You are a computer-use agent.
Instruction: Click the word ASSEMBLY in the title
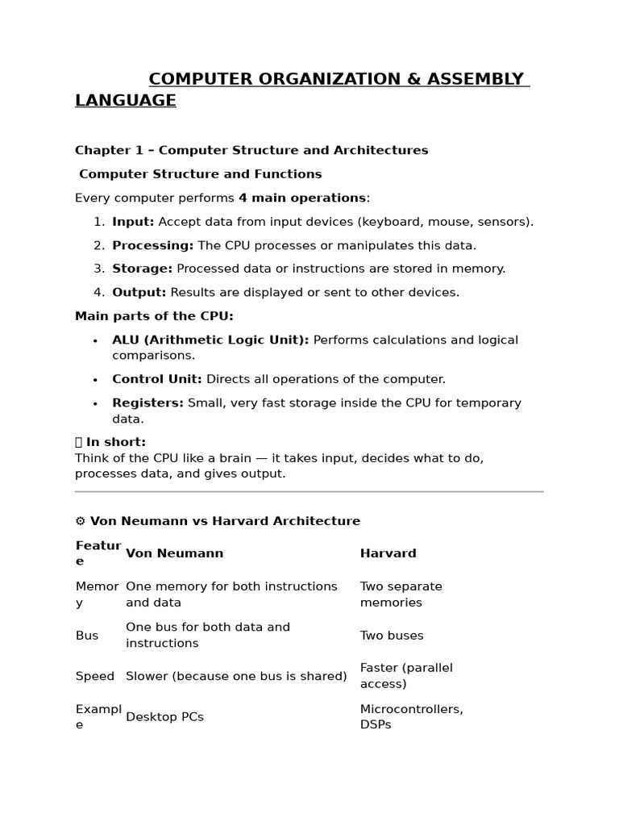[x=478, y=79]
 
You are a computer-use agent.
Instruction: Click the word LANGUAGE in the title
[x=125, y=100]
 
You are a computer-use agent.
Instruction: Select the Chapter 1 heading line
[x=251, y=150]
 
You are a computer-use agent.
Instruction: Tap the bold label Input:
[x=133, y=222]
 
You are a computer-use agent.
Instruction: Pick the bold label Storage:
[x=142, y=269]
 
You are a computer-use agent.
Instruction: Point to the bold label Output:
[x=139, y=292]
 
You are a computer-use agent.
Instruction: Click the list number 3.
[x=98, y=269]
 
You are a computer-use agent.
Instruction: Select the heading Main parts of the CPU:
[x=154, y=316]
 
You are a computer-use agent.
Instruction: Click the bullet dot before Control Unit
[x=95, y=380]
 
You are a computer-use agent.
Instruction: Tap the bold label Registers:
[x=147, y=403]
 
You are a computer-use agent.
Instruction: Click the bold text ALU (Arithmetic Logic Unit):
[x=210, y=340]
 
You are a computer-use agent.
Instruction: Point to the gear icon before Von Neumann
[x=80, y=521]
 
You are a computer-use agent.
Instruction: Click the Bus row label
[x=87, y=636]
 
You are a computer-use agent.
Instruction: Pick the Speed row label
[x=95, y=676]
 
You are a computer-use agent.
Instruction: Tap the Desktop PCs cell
[x=164, y=717]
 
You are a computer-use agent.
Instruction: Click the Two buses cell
[x=391, y=636]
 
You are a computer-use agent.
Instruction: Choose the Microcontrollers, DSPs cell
[x=411, y=717]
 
